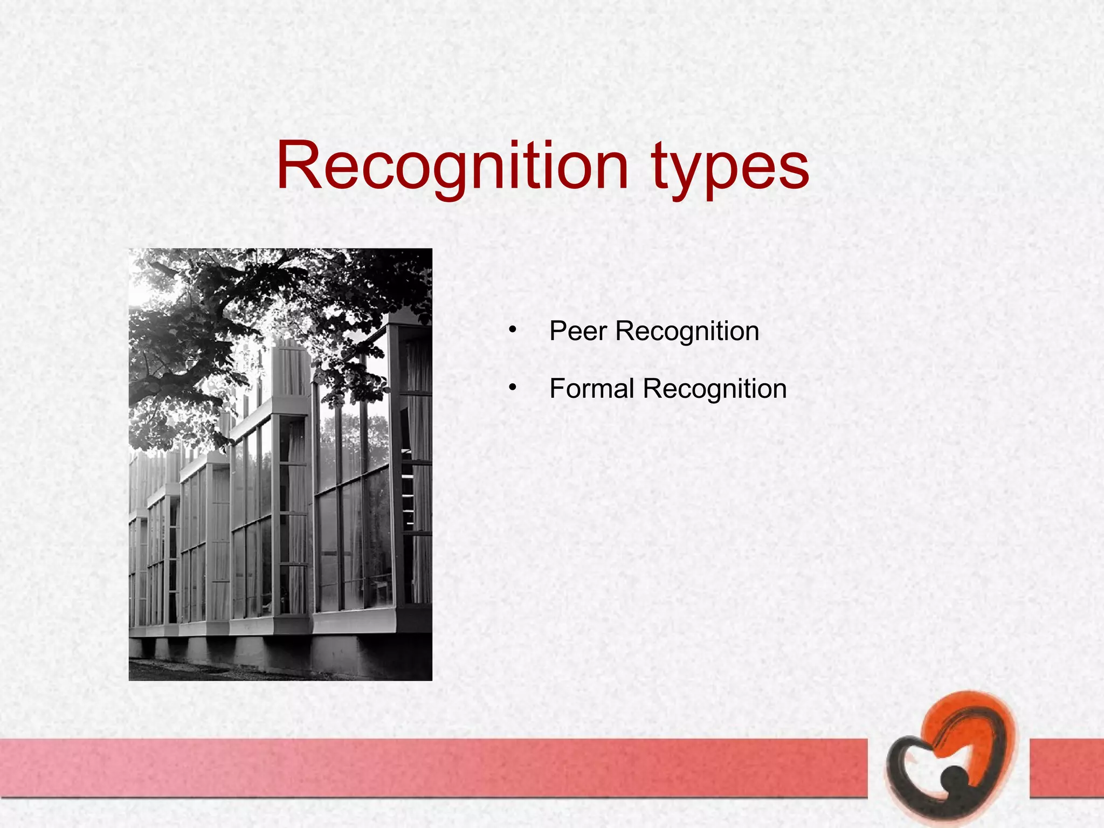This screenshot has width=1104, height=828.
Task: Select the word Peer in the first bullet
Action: coord(578,331)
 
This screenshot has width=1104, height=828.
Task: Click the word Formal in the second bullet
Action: coord(591,389)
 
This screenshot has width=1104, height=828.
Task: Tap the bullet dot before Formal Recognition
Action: coord(512,387)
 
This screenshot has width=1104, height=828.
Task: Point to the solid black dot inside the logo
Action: coord(955,778)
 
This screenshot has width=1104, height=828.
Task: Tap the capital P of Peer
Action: coord(558,330)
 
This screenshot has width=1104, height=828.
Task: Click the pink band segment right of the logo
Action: coord(1066,768)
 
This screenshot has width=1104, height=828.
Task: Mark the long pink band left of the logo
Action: coord(431,768)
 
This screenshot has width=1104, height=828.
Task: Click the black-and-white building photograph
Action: coord(280,464)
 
